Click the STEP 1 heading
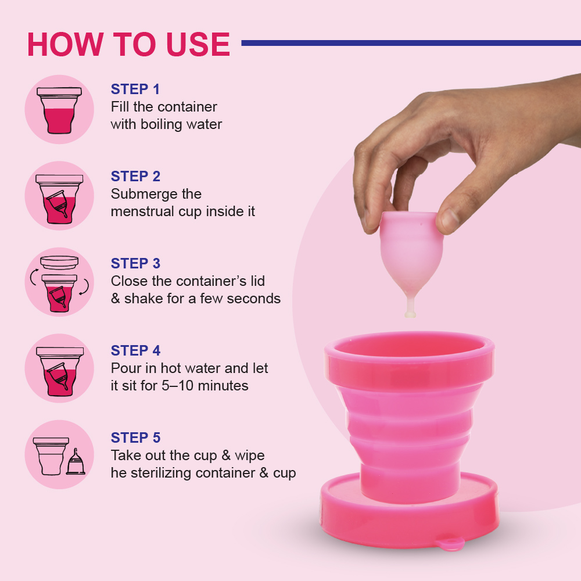pyautogui.click(x=135, y=89)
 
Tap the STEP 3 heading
pyautogui.click(x=135, y=264)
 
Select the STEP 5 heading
pyautogui.click(x=135, y=438)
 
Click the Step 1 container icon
pyautogui.click(x=59, y=110)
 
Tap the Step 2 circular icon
pyautogui.click(x=59, y=196)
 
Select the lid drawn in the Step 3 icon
pyautogui.click(x=59, y=261)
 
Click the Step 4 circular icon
pyautogui.click(x=59, y=368)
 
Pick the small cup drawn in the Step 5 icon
pyautogui.click(x=76, y=461)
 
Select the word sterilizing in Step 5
pyautogui.click(x=160, y=473)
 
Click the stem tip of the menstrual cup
pyautogui.click(x=410, y=314)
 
